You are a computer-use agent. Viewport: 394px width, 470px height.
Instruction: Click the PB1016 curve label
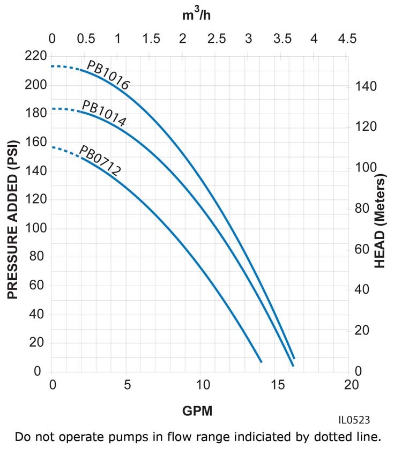pyautogui.click(x=108, y=76)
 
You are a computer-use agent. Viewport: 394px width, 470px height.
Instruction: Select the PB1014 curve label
pyautogui.click(x=104, y=113)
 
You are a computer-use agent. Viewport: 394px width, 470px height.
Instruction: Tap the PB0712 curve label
pyautogui.click(x=100, y=160)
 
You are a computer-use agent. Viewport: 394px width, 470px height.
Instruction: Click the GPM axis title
pyautogui.click(x=197, y=411)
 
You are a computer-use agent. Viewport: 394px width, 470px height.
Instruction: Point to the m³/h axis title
pyautogui.click(x=197, y=14)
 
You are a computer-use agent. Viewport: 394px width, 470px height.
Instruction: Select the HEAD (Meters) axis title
pyautogui.click(x=380, y=219)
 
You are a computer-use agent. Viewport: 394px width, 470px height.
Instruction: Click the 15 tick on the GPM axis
pyautogui.click(x=277, y=385)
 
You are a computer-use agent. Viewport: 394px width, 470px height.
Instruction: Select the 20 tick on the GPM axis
pyautogui.click(x=351, y=385)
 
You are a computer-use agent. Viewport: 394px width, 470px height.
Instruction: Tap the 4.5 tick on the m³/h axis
pyautogui.click(x=346, y=39)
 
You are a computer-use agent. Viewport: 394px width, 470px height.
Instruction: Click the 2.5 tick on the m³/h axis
pyautogui.click(x=216, y=39)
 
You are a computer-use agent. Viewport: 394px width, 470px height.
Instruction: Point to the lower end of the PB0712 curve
pyautogui.click(x=261, y=362)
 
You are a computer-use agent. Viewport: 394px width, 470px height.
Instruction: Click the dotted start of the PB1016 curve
pyautogui.click(x=67, y=67)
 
